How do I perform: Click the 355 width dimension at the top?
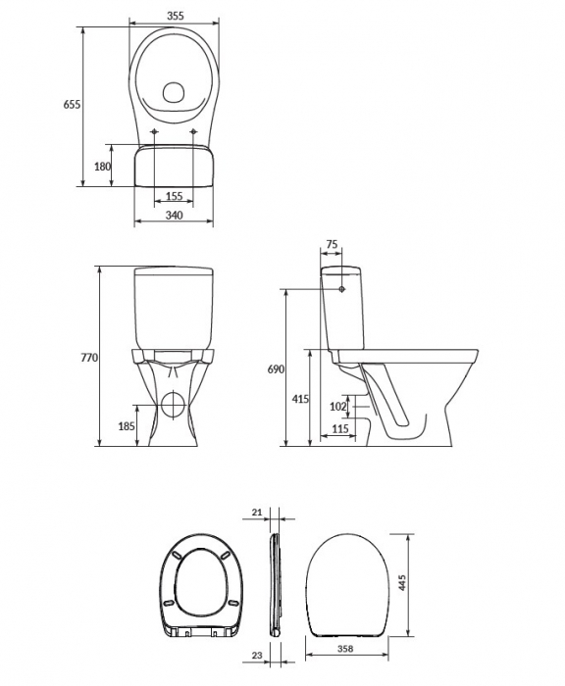click(174, 17)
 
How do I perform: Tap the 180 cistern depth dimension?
click(101, 167)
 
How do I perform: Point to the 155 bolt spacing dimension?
click(174, 196)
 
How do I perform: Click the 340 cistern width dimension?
click(174, 216)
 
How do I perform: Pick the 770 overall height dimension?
click(87, 358)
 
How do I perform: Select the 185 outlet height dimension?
click(127, 426)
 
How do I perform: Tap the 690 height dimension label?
click(275, 369)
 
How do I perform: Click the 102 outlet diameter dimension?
click(337, 406)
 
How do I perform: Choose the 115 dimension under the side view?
click(339, 429)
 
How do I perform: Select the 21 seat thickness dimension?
click(256, 513)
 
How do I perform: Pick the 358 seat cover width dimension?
click(344, 648)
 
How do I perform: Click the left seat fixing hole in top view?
click(155, 132)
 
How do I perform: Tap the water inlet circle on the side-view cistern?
click(340, 290)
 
